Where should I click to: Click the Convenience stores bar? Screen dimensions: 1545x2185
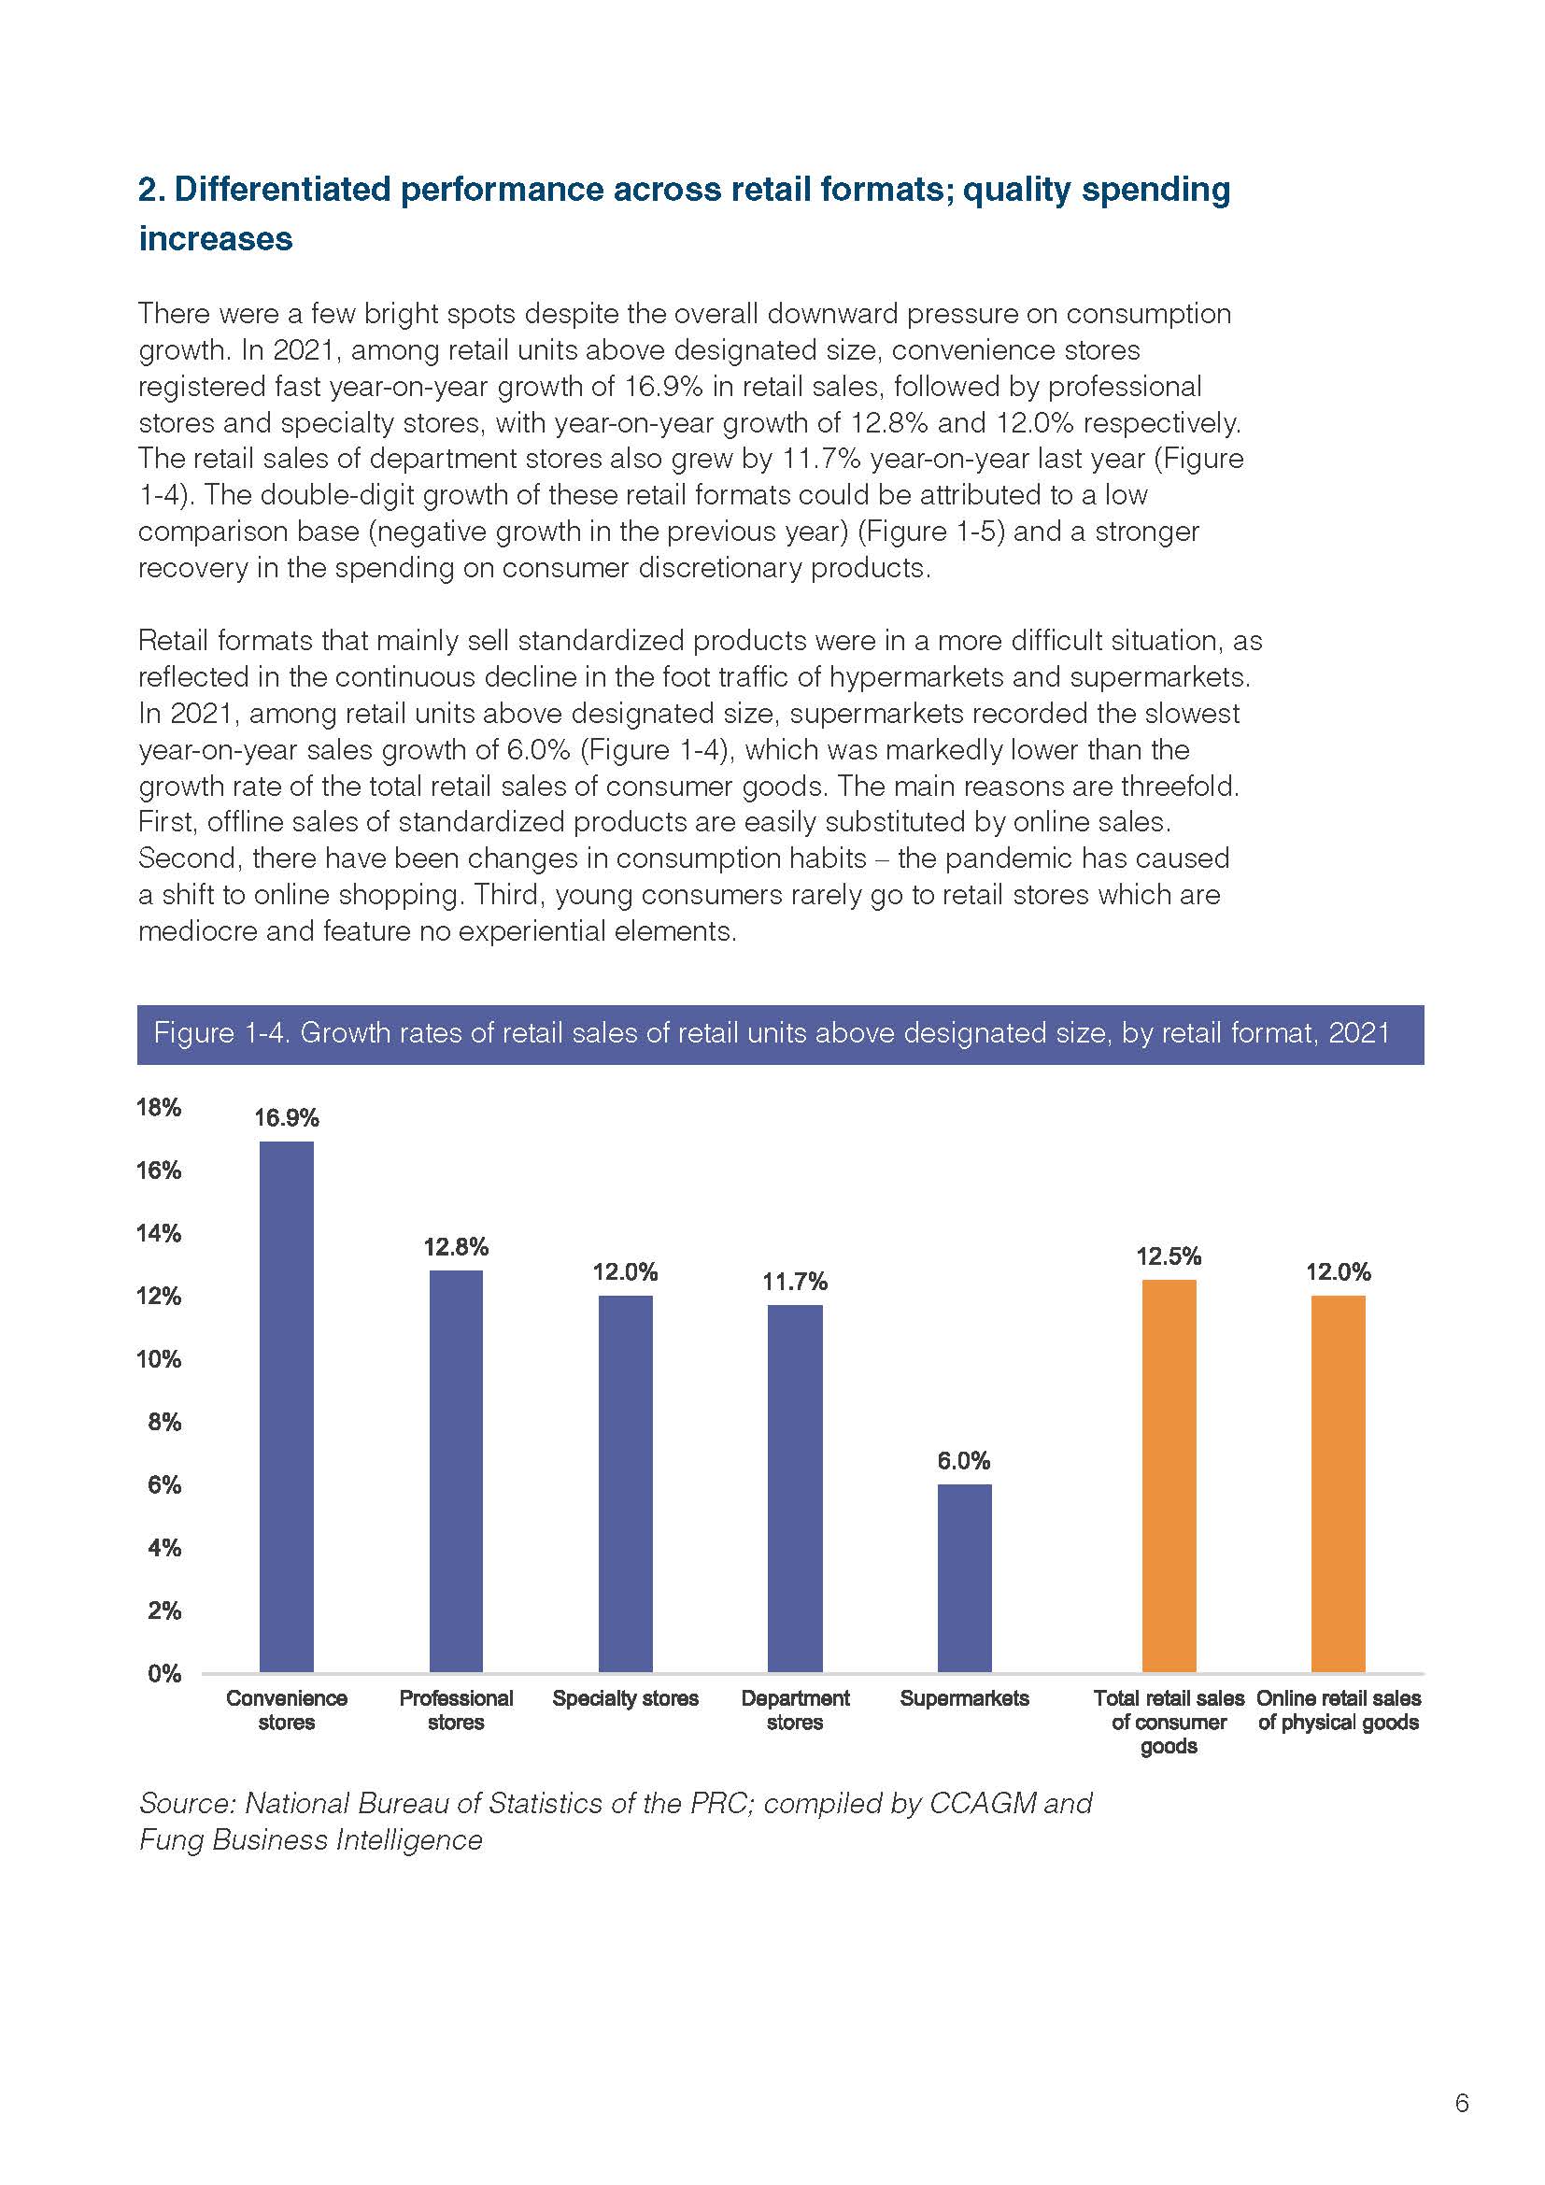[287, 1407]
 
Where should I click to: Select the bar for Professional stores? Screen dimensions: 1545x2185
[456, 1471]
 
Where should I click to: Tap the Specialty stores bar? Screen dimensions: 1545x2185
[625, 1483]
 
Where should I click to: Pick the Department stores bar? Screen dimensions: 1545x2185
[795, 1488]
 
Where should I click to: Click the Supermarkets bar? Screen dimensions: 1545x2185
[965, 1578]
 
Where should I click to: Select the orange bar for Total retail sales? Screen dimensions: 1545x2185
[1169, 1476]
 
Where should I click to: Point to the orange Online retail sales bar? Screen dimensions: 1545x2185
[1339, 1483]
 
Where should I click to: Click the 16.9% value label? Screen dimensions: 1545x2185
[287, 1118]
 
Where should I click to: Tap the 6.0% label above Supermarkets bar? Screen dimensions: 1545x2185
[965, 1461]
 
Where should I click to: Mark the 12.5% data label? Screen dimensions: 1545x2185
[1169, 1256]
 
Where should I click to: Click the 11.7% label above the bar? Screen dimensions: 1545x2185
[795, 1282]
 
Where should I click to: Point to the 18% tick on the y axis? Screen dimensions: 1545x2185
[159, 1107]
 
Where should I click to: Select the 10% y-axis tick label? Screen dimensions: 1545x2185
[159, 1359]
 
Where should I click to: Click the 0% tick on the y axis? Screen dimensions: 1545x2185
[164, 1674]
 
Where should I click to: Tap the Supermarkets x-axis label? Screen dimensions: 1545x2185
[965, 1698]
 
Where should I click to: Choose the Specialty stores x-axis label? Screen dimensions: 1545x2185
[625, 1698]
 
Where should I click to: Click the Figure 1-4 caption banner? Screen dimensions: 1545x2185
[780, 1033]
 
